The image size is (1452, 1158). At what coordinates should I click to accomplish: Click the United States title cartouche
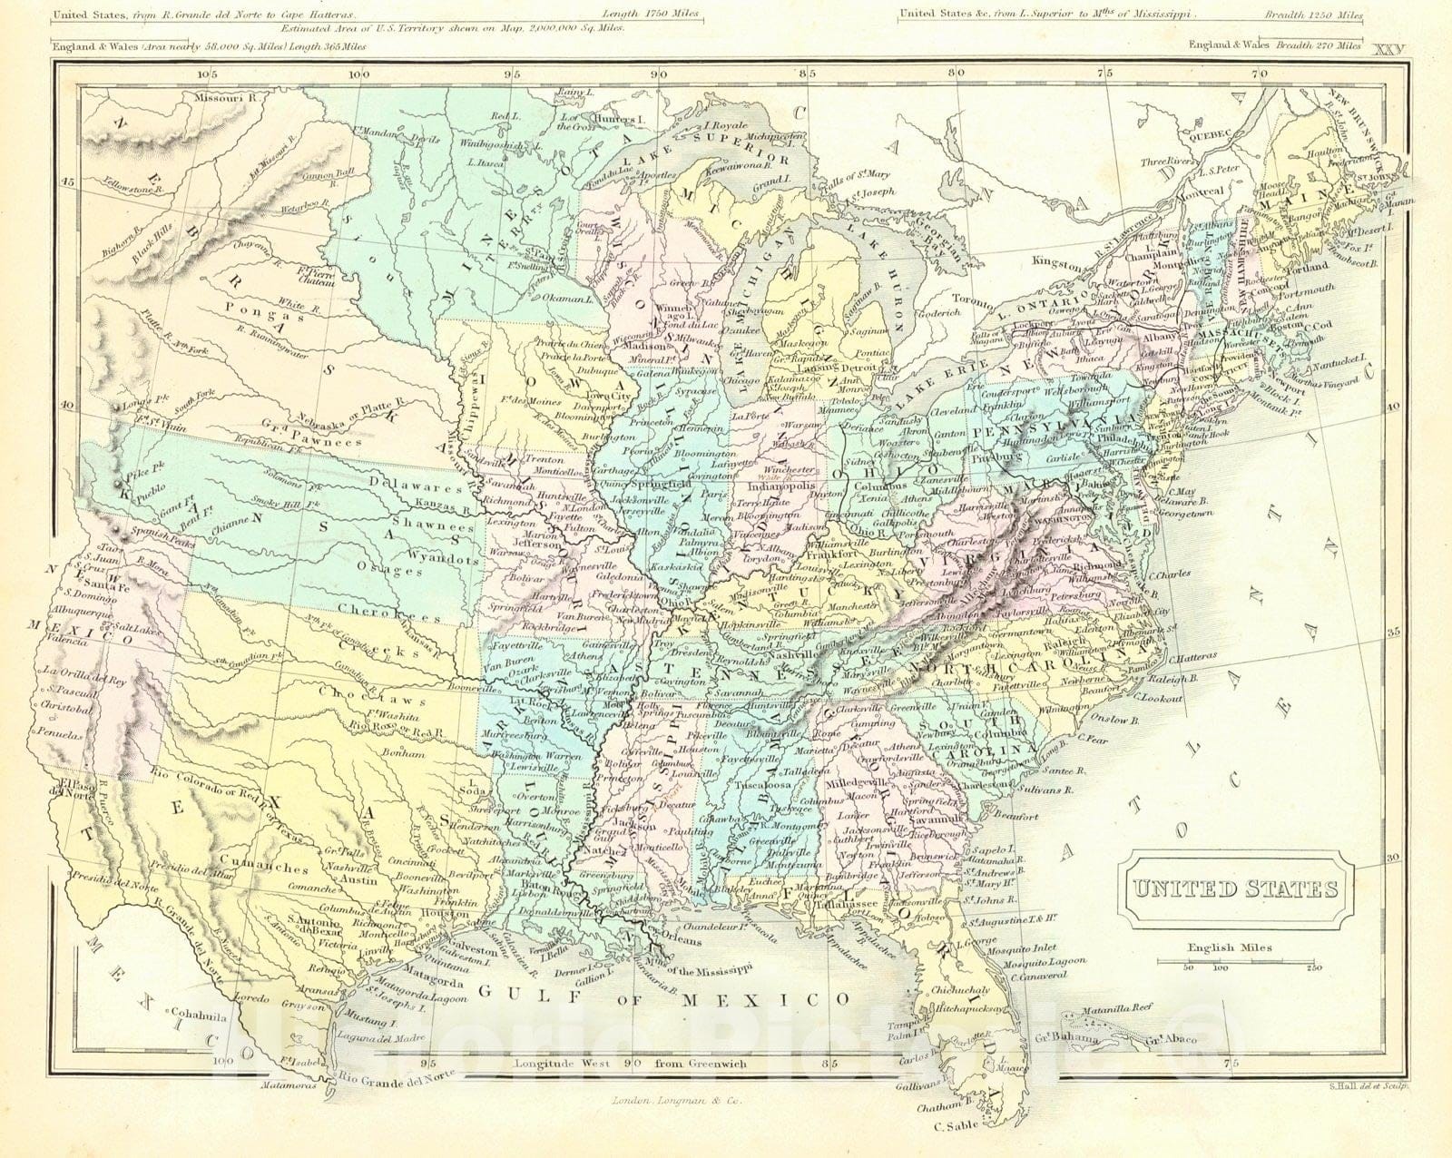click(x=1235, y=888)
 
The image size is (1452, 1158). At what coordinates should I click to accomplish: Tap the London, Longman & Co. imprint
click(x=665, y=1101)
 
